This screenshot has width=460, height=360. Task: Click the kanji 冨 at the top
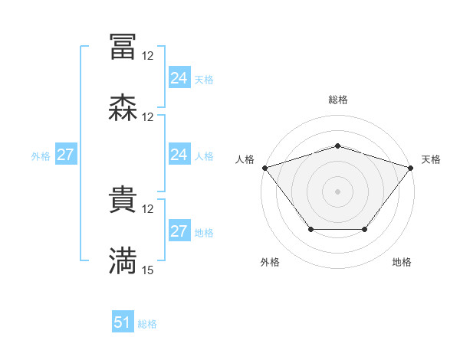click(x=123, y=47)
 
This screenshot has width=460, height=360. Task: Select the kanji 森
click(x=123, y=108)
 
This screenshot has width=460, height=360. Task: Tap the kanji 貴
click(x=123, y=200)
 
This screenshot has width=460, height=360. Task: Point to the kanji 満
click(x=123, y=261)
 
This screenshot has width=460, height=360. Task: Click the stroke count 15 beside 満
click(x=148, y=270)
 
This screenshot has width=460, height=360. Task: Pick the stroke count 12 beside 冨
click(x=148, y=55)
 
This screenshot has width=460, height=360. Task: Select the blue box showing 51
click(x=123, y=322)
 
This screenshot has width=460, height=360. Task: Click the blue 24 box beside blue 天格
click(x=179, y=78)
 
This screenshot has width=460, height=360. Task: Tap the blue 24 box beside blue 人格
click(x=179, y=155)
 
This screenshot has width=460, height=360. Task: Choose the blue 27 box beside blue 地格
click(x=179, y=231)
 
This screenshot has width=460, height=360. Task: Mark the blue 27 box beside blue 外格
click(x=65, y=155)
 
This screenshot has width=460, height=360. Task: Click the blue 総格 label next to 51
click(x=147, y=324)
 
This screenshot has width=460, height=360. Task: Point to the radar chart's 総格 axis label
click(x=337, y=100)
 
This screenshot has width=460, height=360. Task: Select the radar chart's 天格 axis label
click(x=431, y=159)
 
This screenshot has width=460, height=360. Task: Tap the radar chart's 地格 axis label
click(x=402, y=262)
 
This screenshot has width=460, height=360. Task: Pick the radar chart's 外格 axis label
click(x=270, y=262)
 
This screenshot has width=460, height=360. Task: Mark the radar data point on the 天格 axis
click(x=412, y=167)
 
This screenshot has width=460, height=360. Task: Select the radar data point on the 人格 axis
click(x=264, y=167)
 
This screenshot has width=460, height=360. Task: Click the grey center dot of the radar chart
click(x=337, y=191)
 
